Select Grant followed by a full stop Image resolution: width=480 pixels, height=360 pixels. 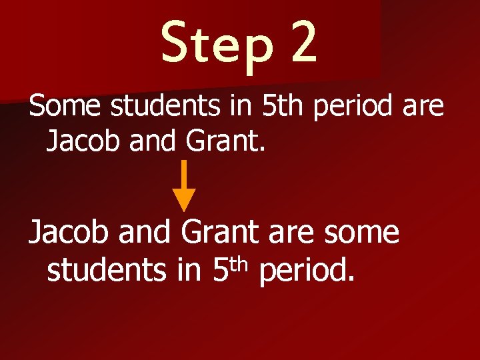coord(223,141)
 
